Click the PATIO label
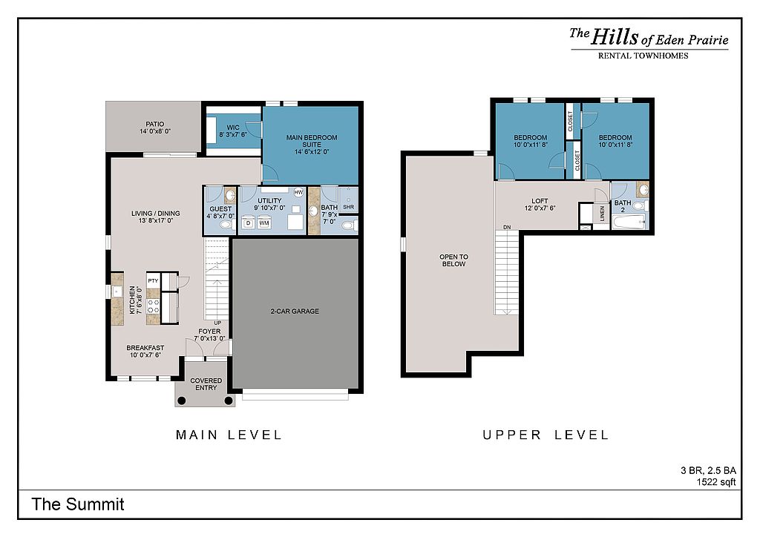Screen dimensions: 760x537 pyautogui.click(x=155, y=125)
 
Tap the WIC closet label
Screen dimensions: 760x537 pyautogui.click(x=233, y=128)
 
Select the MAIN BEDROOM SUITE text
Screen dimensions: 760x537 pyautogui.click(x=312, y=141)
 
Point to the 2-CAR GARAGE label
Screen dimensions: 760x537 pyautogui.click(x=295, y=312)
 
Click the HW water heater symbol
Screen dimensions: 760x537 pyautogui.click(x=298, y=192)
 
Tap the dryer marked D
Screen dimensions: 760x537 pyautogui.click(x=248, y=223)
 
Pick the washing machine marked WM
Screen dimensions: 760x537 pyautogui.click(x=263, y=223)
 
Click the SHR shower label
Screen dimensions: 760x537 pyautogui.click(x=349, y=207)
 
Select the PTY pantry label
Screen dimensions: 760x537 pyautogui.click(x=153, y=281)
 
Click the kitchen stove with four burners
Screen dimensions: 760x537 pyautogui.click(x=153, y=306)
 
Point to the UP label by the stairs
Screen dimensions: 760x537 pyautogui.click(x=217, y=323)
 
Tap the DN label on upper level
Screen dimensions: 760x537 pyautogui.click(x=507, y=227)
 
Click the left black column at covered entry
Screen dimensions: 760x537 pyautogui.click(x=181, y=401)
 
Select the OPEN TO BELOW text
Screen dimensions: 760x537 pyautogui.click(x=453, y=260)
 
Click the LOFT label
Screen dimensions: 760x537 pyautogui.click(x=540, y=201)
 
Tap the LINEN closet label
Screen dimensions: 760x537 pyautogui.click(x=603, y=214)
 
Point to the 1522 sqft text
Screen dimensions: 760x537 pyautogui.click(x=716, y=482)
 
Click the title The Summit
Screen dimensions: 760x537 pyautogui.click(x=78, y=504)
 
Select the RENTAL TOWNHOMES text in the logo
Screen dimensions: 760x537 pyautogui.click(x=643, y=56)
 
